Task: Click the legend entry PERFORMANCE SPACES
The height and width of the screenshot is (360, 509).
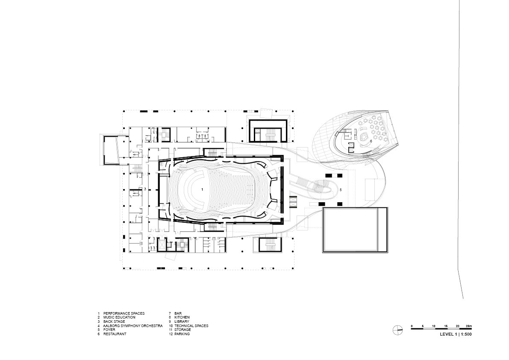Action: pos(124,313)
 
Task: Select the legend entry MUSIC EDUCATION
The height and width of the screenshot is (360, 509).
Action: pos(119,318)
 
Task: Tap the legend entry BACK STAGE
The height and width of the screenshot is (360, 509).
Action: pos(114,322)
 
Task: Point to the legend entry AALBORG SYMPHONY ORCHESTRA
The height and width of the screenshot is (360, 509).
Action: pos(133,326)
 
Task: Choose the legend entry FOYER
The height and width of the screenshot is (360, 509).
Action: pos(109,330)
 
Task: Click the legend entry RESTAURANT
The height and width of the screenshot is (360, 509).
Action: pos(115,334)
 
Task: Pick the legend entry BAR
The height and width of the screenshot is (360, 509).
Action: pos(178,313)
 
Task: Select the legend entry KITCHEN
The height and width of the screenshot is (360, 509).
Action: pos(182,318)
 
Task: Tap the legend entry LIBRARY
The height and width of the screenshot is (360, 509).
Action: pos(182,322)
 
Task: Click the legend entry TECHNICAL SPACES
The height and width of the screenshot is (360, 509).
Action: pos(191,326)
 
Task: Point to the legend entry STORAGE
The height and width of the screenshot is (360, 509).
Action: pos(182,330)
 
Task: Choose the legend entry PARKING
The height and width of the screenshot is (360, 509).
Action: pos(182,334)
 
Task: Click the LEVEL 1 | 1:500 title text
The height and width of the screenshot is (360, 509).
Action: pos(456,334)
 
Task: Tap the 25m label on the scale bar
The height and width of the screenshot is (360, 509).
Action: pos(469,326)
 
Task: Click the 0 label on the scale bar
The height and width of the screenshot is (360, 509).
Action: pos(412,326)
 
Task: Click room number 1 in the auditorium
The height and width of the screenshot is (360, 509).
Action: pos(202,189)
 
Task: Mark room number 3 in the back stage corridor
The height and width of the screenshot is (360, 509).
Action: pos(145,189)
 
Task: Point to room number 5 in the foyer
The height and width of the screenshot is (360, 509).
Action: pos(341,189)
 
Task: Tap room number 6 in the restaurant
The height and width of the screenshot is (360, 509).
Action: pos(371,141)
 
